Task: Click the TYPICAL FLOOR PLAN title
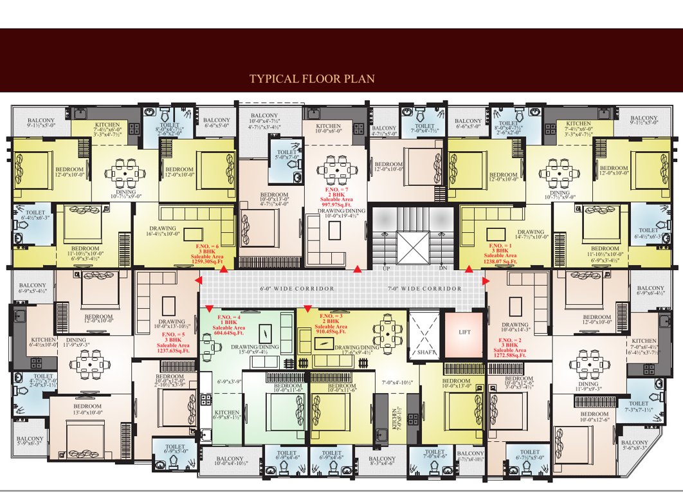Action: click(x=312, y=79)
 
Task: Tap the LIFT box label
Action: click(x=465, y=333)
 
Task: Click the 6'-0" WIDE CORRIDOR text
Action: click(x=296, y=289)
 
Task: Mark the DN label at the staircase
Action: click(x=442, y=268)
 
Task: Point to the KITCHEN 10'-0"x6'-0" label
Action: click(x=329, y=128)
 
